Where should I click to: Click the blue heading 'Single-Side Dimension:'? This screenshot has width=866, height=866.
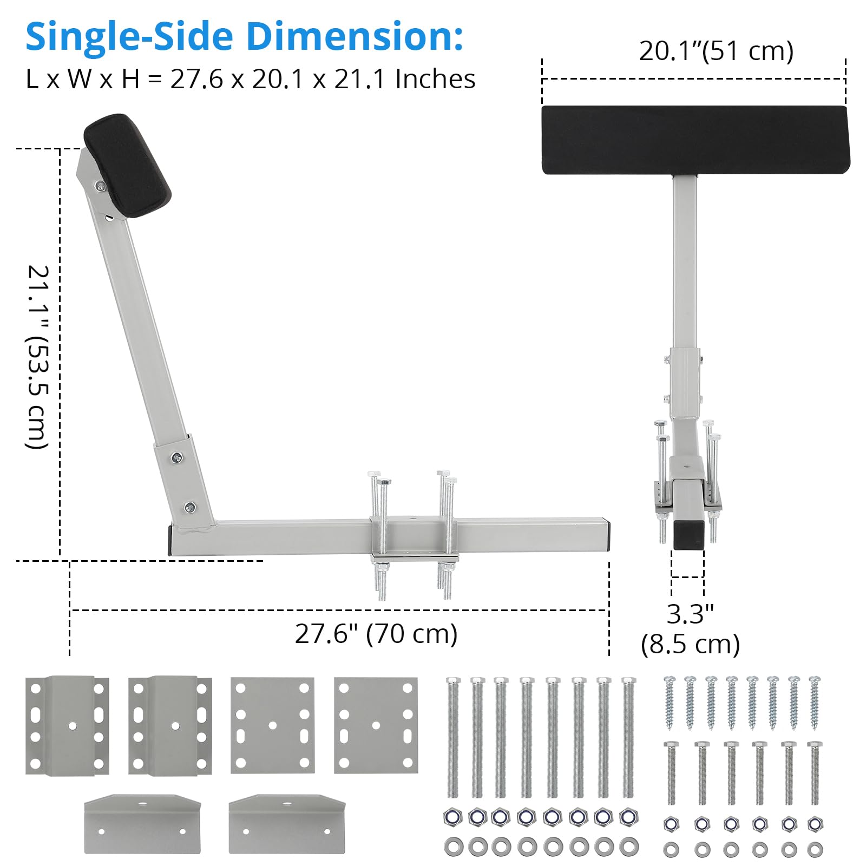pyautogui.click(x=244, y=37)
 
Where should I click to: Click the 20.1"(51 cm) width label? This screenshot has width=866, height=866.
pyautogui.click(x=716, y=51)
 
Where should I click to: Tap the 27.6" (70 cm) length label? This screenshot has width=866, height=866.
pyautogui.click(x=376, y=634)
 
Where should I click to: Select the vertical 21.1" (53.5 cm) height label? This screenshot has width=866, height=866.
pyautogui.click(x=38, y=357)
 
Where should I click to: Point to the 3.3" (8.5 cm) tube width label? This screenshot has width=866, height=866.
pyautogui.click(x=690, y=629)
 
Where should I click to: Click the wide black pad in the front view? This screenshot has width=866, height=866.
pyautogui.click(x=696, y=140)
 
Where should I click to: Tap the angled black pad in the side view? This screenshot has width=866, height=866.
pyautogui.click(x=128, y=166)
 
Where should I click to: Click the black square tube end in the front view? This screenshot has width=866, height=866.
pyautogui.click(x=689, y=533)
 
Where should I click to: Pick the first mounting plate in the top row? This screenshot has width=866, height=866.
pyautogui.click(x=67, y=725)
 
